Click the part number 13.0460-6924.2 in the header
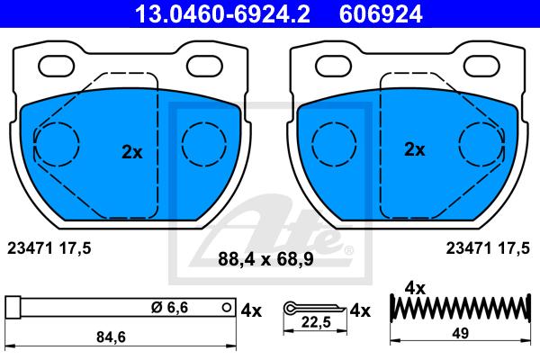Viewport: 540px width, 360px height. click(x=222, y=14)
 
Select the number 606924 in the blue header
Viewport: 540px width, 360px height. click(x=381, y=14)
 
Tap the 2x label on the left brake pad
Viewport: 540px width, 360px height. click(x=132, y=152)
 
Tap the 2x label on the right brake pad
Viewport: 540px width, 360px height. click(x=415, y=149)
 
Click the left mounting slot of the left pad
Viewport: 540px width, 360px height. click(x=57, y=66)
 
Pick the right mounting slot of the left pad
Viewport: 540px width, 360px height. click(x=204, y=66)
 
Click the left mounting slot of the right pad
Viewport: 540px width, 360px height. click(x=333, y=66)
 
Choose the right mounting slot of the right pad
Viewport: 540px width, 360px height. click(x=481, y=66)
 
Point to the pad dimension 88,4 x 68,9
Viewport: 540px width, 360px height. click(x=265, y=259)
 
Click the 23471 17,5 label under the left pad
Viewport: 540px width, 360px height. click(x=49, y=248)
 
